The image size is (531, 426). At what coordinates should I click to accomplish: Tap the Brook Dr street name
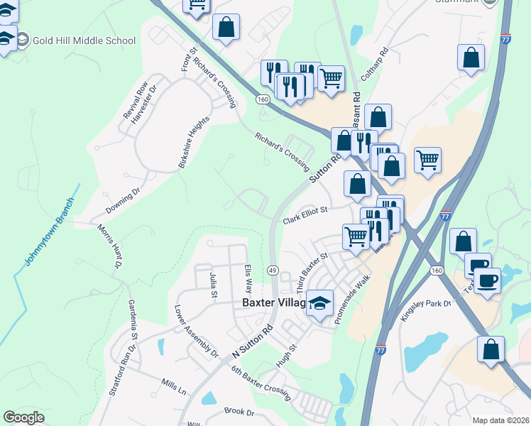(x=239, y=412)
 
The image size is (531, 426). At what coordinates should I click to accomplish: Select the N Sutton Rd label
(x=253, y=342)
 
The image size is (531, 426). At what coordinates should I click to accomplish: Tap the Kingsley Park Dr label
(x=426, y=310)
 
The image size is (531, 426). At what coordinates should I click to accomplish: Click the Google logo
(x=23, y=417)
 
